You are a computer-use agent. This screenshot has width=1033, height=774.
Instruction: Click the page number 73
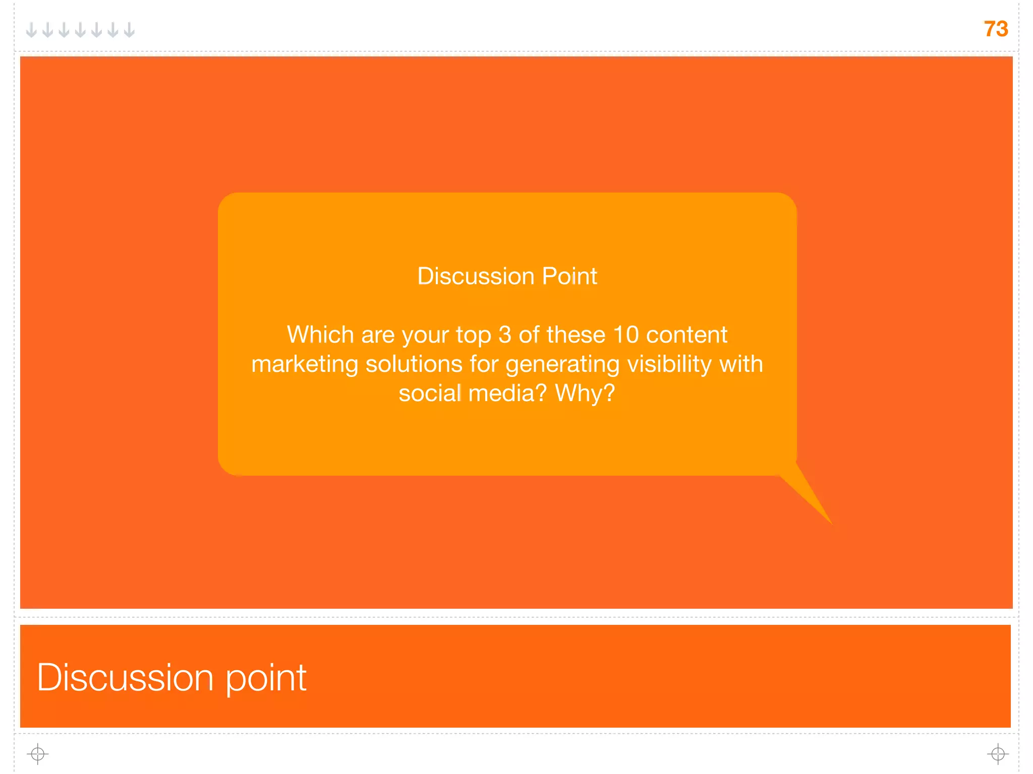coord(996,29)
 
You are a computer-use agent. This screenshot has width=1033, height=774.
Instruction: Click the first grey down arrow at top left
coord(31,30)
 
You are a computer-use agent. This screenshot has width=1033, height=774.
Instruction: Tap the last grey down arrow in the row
coord(130,30)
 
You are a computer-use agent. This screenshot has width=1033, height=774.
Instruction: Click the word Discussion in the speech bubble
coord(476,276)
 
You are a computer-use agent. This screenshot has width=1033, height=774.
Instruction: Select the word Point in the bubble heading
coord(569,276)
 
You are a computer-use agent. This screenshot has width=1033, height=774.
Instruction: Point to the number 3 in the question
coord(505,335)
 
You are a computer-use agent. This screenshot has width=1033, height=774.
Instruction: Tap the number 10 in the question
coord(626,335)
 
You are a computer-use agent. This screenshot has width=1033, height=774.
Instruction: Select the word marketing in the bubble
coord(305,364)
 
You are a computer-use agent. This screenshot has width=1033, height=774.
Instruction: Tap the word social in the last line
coord(430,393)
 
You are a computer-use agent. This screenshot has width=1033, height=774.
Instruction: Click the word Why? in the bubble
coord(585,393)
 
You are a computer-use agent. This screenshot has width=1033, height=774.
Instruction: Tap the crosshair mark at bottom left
coord(38,754)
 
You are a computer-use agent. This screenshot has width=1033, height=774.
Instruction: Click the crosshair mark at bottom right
coord(998,754)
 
